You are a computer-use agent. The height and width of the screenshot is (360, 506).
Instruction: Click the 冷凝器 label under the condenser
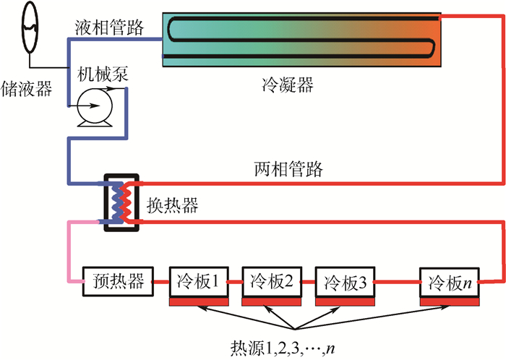(287, 85)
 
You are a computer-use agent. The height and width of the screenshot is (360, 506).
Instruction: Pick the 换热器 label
(173, 205)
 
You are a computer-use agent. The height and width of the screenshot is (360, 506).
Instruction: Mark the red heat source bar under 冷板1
(200, 300)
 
